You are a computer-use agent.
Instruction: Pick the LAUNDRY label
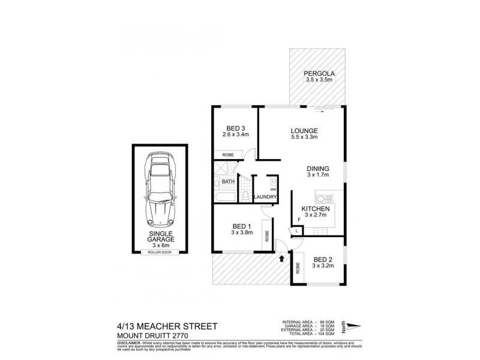click(265, 197)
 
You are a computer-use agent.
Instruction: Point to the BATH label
click(228, 181)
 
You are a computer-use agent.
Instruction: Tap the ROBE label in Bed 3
click(229, 154)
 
